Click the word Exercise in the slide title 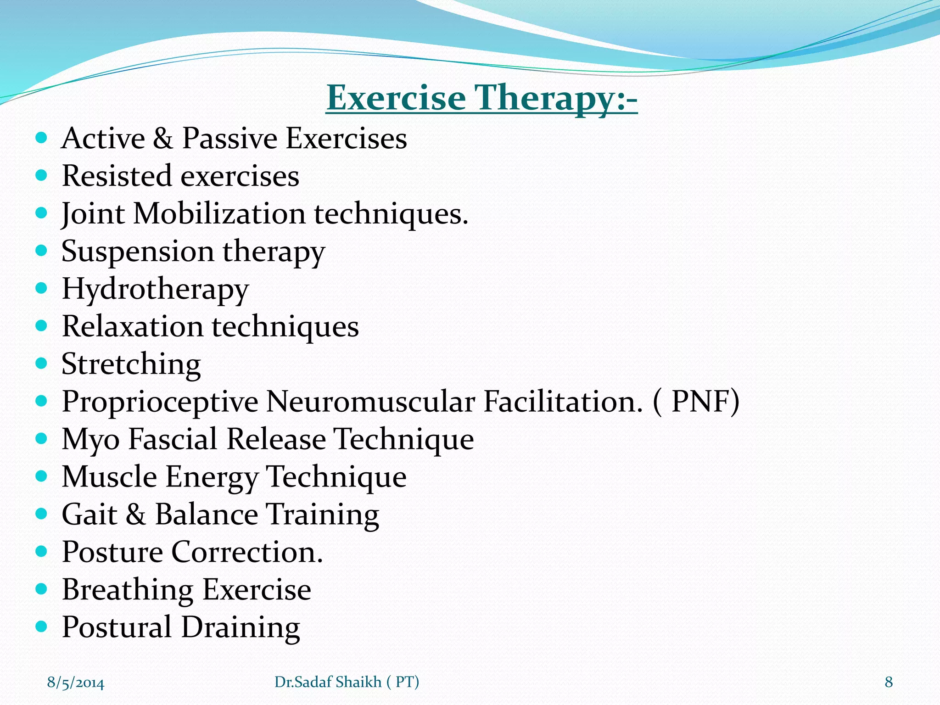pos(396,98)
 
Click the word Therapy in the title pos(544,98)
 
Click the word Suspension pos(138,252)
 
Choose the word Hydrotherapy pos(155,290)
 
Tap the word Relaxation pos(132,326)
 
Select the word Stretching pos(131,364)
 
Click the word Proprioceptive pos(160,402)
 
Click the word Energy pos(212,477)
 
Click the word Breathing pos(127,590)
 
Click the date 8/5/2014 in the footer pos(76,683)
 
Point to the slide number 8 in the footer pos(889,682)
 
